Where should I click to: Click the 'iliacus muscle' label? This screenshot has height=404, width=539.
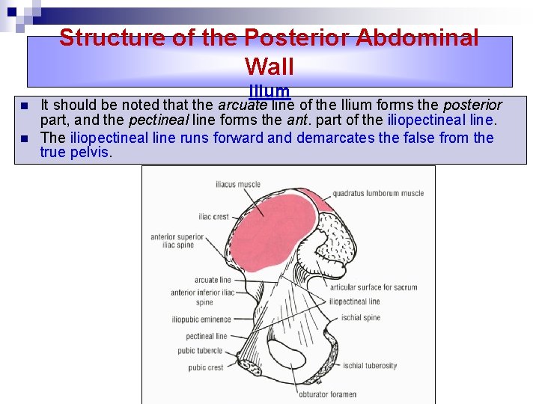(238, 183)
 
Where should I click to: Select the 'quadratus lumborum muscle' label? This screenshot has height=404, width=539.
(378, 193)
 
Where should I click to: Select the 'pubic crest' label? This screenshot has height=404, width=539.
(206, 367)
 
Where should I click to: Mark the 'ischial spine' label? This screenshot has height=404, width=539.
(360, 317)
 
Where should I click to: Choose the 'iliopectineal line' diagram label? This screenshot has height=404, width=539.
(354, 302)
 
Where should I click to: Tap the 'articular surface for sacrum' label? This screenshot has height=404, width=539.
(373, 287)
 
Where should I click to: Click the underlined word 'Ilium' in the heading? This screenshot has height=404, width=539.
(269, 91)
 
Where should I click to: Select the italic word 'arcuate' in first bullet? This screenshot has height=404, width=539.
(242, 104)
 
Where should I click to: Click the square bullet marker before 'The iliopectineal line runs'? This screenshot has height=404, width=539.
(25, 138)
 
